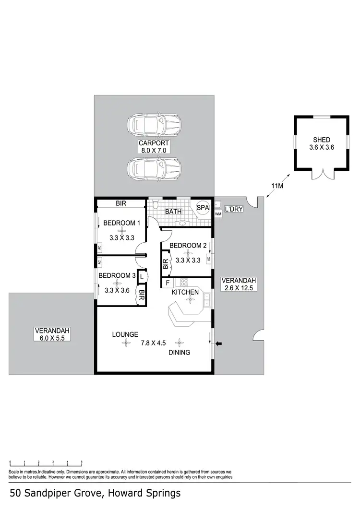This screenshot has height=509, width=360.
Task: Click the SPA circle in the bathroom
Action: [x=203, y=207]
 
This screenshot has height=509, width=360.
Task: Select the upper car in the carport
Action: [x=154, y=126]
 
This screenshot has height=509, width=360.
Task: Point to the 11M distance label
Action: [x=276, y=186]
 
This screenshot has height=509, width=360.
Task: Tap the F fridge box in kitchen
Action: [x=168, y=283]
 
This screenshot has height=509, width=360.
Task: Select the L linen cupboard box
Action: [x=142, y=277]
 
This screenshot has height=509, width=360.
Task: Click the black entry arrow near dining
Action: [x=219, y=343]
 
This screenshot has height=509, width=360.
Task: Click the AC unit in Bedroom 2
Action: [x=208, y=259]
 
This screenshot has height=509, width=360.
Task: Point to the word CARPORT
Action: [x=154, y=143]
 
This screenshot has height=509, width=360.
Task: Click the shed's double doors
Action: [x=321, y=175]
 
